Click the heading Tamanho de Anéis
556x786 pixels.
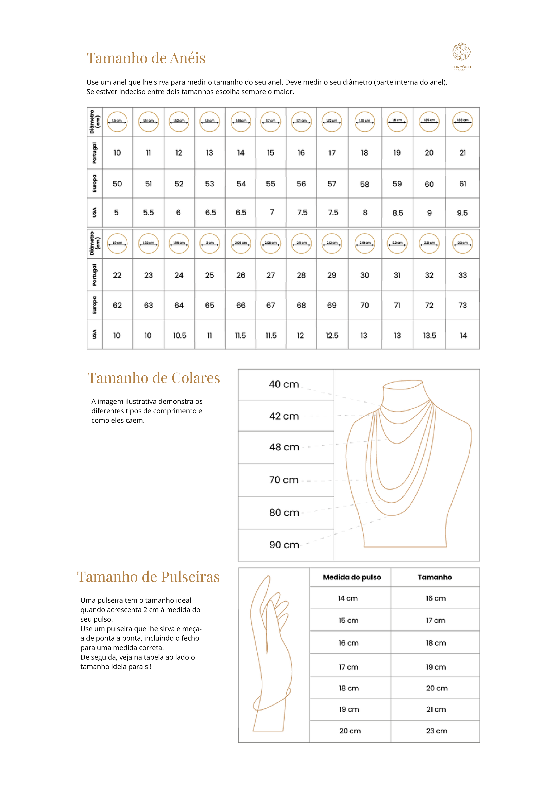click(146, 58)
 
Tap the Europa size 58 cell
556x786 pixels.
click(364, 184)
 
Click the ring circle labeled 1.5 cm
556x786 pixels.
click(117, 122)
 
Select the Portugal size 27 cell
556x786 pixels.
click(271, 275)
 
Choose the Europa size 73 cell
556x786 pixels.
click(462, 305)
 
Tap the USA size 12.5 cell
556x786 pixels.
click(332, 335)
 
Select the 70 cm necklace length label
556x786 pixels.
click(284, 480)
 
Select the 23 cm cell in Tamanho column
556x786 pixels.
click(436, 731)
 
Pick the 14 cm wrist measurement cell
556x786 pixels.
click(348, 598)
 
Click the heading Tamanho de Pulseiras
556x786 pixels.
click(148, 577)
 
